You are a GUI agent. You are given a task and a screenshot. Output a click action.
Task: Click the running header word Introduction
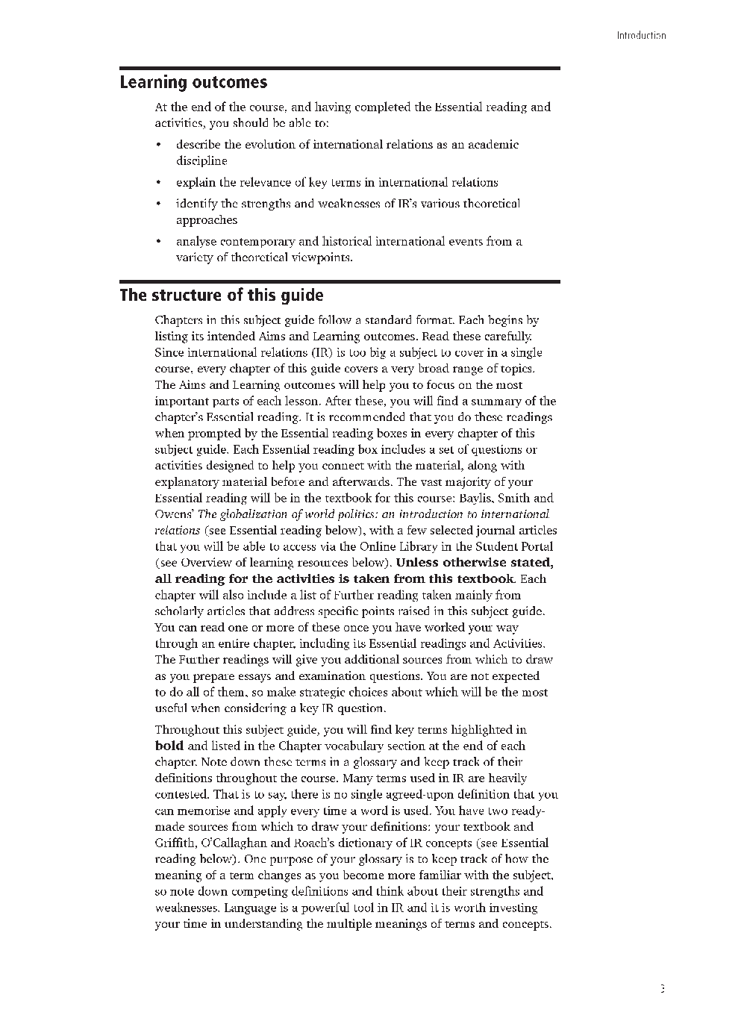point(641,35)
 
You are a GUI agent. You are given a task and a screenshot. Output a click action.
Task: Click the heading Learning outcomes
point(193,83)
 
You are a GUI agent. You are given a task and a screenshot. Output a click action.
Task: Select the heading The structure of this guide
point(222,295)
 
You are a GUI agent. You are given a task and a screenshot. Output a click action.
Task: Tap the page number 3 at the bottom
point(662,989)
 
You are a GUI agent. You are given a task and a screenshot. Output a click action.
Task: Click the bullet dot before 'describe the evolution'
point(159,145)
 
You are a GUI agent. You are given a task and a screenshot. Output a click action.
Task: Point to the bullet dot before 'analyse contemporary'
point(159,242)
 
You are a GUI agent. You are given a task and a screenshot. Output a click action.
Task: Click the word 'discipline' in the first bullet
point(201,161)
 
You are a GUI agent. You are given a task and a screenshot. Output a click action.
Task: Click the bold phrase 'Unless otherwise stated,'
point(475,563)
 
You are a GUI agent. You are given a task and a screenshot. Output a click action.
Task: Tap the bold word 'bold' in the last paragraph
point(169,746)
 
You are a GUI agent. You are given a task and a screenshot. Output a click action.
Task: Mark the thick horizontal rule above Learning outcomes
point(340,69)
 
